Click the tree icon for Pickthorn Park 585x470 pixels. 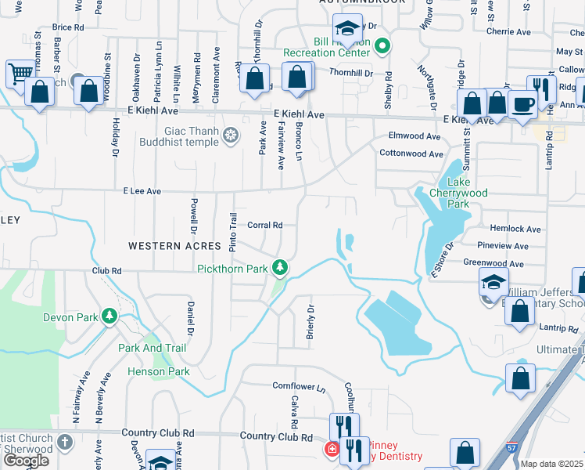coord(280,268)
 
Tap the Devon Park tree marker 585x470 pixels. coord(110,316)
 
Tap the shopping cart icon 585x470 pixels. coord(19,74)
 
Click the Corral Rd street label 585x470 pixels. coord(264,225)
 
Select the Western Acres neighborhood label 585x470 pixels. coord(164,246)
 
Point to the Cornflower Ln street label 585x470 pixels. coord(299,386)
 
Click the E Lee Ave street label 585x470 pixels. coord(142,191)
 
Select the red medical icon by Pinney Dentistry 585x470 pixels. coord(332,449)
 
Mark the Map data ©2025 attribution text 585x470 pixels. coord(552,464)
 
